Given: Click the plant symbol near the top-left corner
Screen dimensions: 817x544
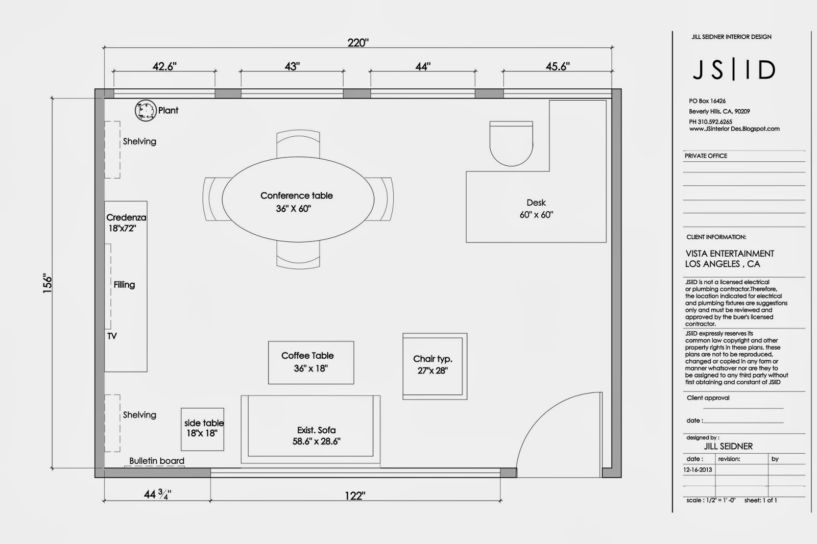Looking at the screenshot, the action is click(x=145, y=110).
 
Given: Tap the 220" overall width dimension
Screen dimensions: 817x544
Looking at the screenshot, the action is click(x=358, y=43).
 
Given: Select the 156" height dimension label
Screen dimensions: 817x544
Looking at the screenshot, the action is click(x=47, y=283).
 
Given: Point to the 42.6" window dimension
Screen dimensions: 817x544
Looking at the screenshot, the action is click(x=164, y=66).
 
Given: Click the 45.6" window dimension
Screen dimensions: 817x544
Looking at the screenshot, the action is click(x=558, y=66).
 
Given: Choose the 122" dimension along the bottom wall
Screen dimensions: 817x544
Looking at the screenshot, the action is click(x=354, y=496).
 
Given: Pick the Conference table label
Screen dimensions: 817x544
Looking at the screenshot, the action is click(x=296, y=195).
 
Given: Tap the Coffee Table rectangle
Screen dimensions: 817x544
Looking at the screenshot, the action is click(x=311, y=362).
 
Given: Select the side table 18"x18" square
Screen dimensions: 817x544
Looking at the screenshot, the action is click(x=203, y=429).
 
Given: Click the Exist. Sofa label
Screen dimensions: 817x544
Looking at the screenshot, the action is click(x=317, y=430).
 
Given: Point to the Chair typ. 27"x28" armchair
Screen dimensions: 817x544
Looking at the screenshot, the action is click(x=435, y=366).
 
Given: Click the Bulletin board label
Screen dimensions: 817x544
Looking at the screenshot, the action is click(x=157, y=461).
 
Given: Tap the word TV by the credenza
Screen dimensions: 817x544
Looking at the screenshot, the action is click(x=112, y=336).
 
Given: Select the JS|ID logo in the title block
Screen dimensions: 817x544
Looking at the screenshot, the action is click(x=734, y=70).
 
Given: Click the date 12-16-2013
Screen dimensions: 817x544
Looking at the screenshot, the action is click(x=698, y=470).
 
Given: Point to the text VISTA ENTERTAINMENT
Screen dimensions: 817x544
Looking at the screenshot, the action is click(x=730, y=254).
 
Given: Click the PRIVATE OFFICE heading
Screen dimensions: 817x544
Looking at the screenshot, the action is click(x=706, y=156).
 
